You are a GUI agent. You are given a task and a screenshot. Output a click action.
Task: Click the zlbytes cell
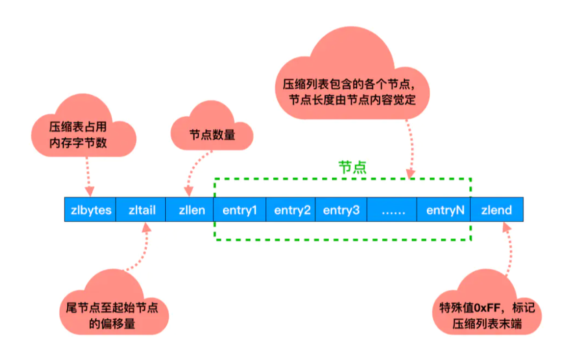(x=90, y=209)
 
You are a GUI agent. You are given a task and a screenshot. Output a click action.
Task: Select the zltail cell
(x=141, y=209)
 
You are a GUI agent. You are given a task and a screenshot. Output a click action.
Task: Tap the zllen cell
(x=190, y=209)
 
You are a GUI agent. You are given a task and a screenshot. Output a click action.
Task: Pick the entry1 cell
(x=240, y=209)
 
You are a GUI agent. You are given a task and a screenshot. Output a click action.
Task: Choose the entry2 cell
(x=290, y=209)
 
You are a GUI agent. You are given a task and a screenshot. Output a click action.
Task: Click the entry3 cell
(x=341, y=209)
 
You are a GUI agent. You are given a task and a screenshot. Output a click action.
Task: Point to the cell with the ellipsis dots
(x=391, y=209)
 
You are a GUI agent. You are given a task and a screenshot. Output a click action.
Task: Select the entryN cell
(x=444, y=209)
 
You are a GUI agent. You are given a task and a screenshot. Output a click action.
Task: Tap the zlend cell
(x=497, y=209)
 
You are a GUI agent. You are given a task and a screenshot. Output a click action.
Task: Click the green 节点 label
(x=352, y=167)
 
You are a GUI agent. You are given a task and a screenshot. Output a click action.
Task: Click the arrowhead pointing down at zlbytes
(x=90, y=191)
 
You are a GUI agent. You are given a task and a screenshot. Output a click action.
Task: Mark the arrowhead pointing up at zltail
(x=147, y=228)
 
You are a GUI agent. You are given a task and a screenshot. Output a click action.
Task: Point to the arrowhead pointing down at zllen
(x=188, y=191)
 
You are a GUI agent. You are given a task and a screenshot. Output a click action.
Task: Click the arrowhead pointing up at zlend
(x=507, y=228)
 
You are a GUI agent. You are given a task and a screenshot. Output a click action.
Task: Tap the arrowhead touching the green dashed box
(x=411, y=174)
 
